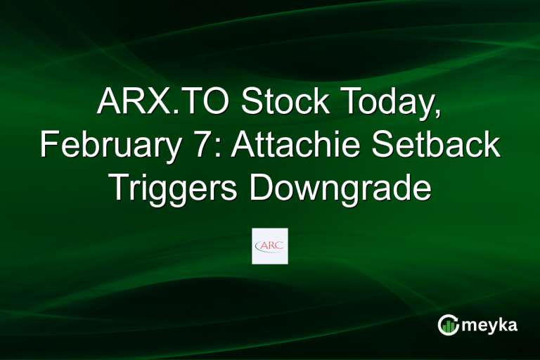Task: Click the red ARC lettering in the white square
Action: (270, 245)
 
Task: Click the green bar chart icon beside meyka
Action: (447, 325)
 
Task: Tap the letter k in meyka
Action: (502, 324)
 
